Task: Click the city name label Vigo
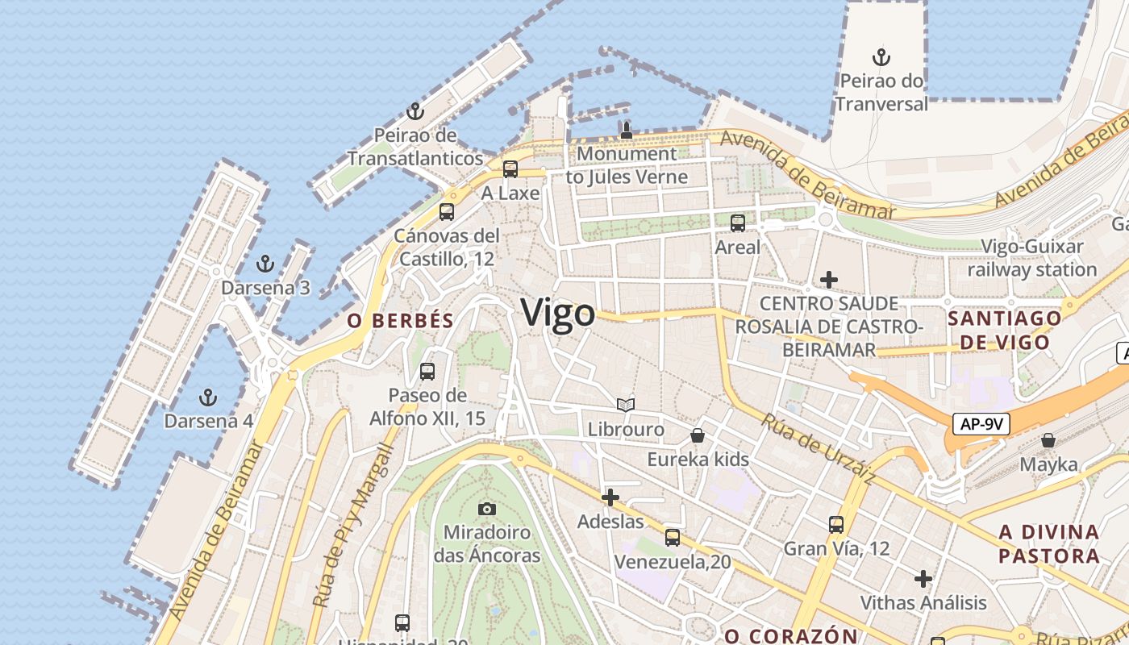[558, 313]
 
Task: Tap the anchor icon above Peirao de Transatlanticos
[415, 111]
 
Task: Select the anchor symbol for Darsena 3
[265, 264]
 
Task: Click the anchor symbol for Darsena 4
[208, 397]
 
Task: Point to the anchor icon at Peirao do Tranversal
[881, 57]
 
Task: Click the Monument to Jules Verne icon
[627, 129]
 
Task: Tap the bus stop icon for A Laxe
[510, 169]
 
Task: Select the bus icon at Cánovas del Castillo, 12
[446, 212]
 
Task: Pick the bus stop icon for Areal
[737, 223]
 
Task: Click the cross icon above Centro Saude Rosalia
[828, 280]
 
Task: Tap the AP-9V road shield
[981, 424]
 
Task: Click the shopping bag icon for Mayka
[1048, 440]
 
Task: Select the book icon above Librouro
[626, 405]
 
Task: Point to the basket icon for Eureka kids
[698, 435]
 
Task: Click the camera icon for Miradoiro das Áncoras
[486, 509]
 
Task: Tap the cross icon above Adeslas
[610, 497]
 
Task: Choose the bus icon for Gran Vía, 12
[836, 524]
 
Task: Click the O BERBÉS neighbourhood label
[401, 320]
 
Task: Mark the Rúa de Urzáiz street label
[819, 450]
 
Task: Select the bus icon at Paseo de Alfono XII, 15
[427, 372]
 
